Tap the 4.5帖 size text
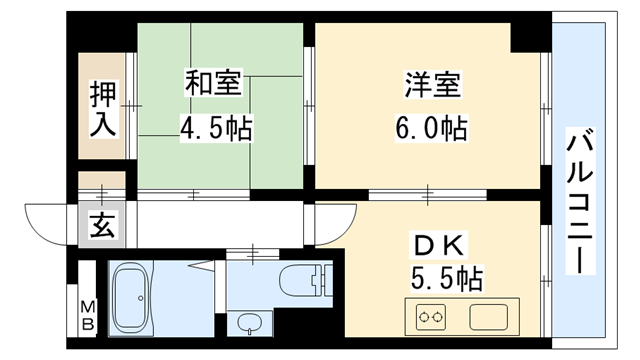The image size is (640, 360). (x=215, y=129)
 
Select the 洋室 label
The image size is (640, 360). (x=432, y=85)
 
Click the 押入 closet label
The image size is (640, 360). (x=104, y=109)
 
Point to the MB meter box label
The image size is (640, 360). (x=88, y=315)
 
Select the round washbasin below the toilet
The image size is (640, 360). (x=249, y=322)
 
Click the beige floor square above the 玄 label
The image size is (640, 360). (x=103, y=185)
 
